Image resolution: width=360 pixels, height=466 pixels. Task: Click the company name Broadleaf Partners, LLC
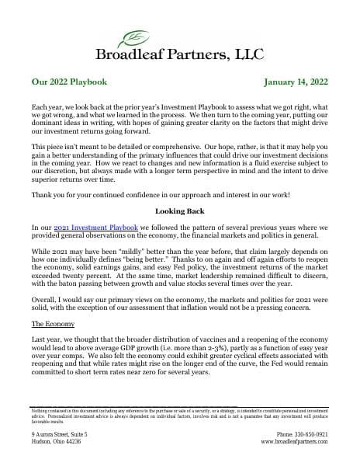pyautogui.click(x=179, y=54)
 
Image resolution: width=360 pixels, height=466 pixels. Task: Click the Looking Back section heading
pyautogui.click(x=179, y=210)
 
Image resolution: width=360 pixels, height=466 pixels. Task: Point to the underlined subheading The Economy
pyautogui.click(x=53, y=345)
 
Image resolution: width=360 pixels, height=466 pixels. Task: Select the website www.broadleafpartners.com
pyautogui.click(x=293, y=440)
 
